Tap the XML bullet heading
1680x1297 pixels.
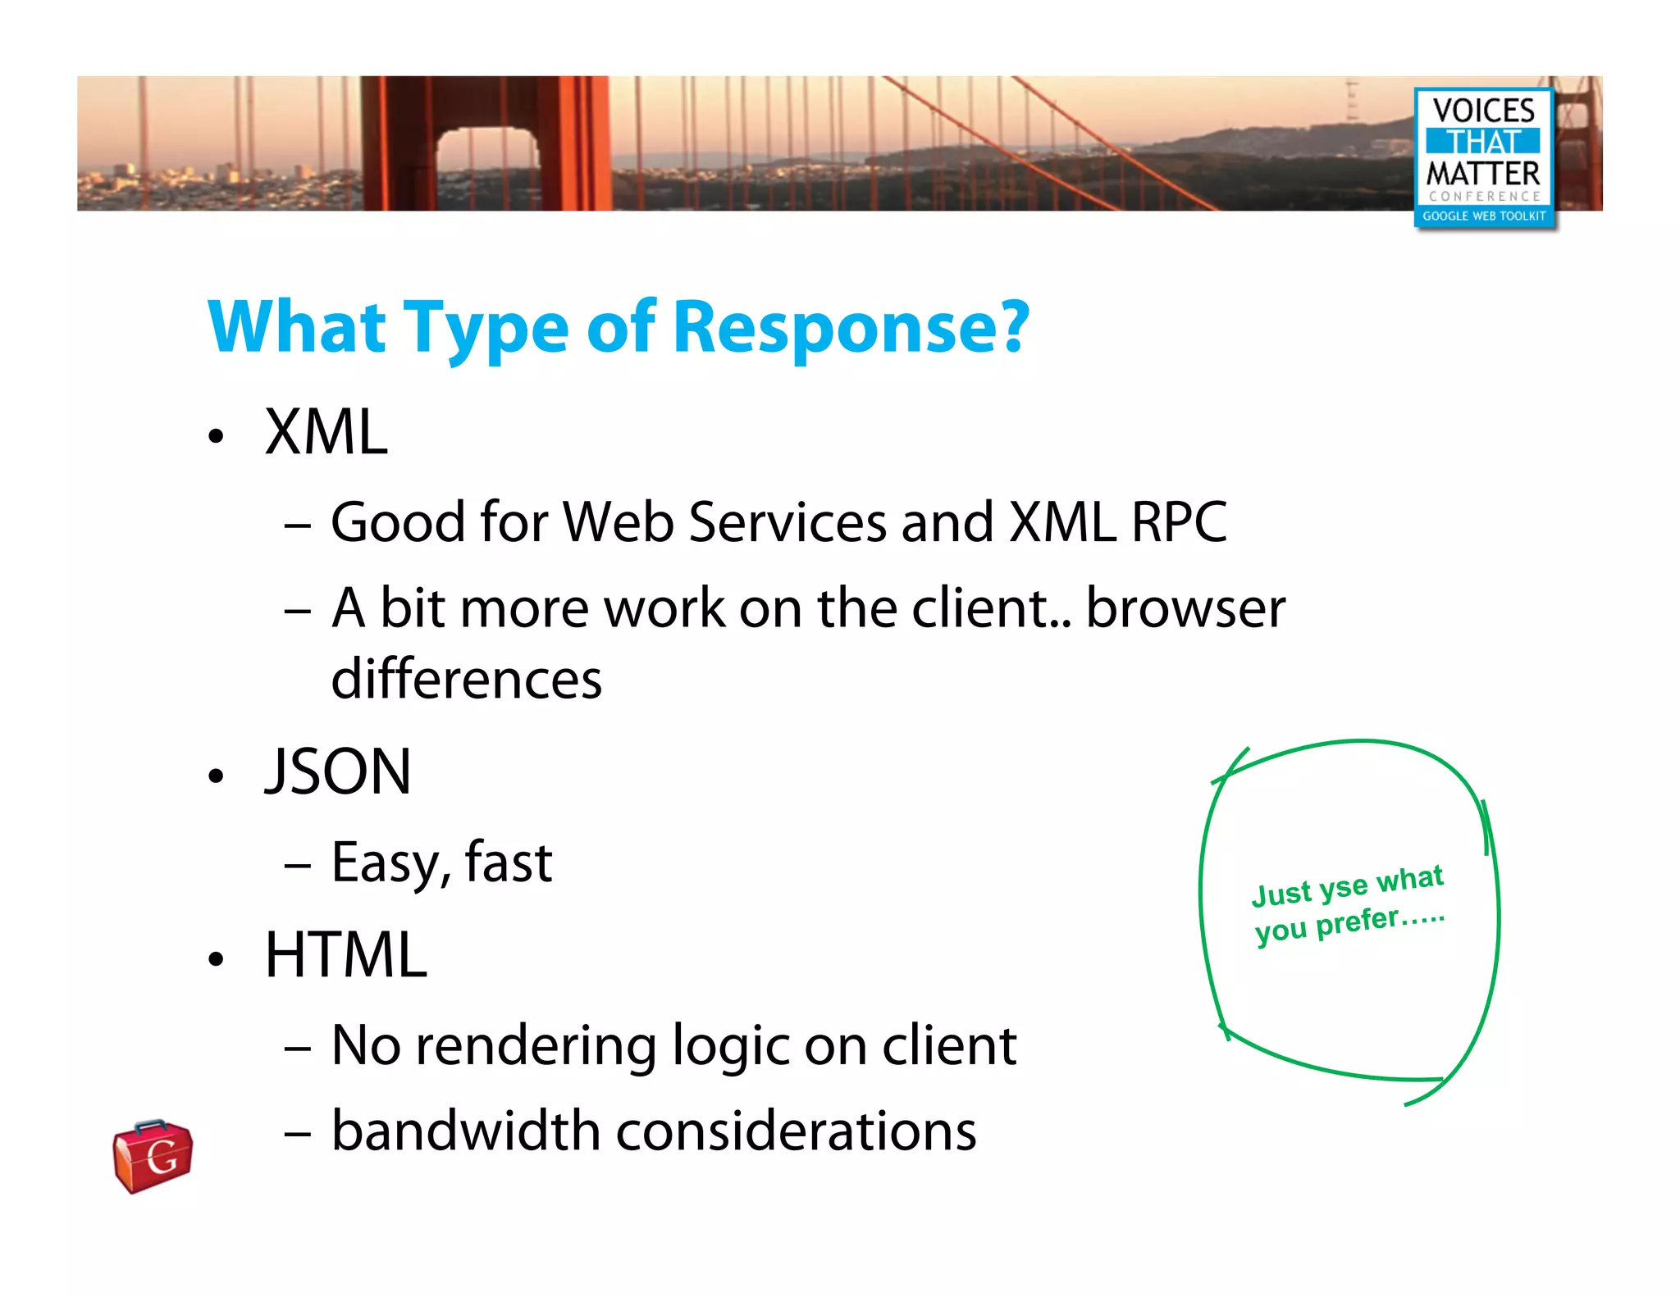click(x=326, y=432)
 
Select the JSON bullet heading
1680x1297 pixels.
click(x=337, y=772)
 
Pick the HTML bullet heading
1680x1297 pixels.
click(x=345, y=955)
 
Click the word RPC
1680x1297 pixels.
click(x=1178, y=522)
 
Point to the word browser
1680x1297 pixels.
click(x=1185, y=608)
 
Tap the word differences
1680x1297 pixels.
click(x=466, y=679)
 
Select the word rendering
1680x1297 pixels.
click(x=536, y=1046)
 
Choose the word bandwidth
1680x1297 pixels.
click(x=466, y=1131)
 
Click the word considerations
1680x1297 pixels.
click(x=796, y=1131)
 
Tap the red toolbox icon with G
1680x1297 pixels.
click(x=153, y=1156)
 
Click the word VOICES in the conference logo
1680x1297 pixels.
click(x=1483, y=110)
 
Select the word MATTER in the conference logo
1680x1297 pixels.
click(x=1483, y=174)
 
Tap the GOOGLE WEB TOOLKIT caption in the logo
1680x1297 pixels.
click(x=1483, y=216)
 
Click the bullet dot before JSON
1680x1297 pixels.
click(x=216, y=776)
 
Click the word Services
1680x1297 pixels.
click(x=787, y=522)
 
